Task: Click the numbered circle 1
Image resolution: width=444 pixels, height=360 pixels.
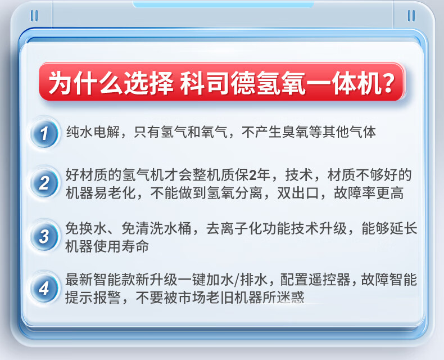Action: pos(44,133)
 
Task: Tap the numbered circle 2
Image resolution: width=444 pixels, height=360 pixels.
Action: pos(44,183)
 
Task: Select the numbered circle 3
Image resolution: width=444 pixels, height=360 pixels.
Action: pos(44,236)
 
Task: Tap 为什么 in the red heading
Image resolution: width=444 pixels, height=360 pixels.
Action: pos(85,83)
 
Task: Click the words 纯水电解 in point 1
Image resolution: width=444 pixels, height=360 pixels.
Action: pos(93,132)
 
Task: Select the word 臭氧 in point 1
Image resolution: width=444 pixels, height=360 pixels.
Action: pos(295,132)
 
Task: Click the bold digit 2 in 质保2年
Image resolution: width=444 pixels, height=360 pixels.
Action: pos(252,175)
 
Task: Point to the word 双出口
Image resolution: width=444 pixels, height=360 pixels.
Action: pos(298,193)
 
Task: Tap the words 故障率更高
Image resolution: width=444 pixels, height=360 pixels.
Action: pos(369,193)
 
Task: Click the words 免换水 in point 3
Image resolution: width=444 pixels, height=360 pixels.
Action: pos(86,228)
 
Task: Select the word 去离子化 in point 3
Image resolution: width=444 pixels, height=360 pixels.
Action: pos(234,228)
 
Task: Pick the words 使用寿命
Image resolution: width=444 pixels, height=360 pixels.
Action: pos(121,246)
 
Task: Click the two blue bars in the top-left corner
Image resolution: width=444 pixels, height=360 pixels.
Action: pos(34,16)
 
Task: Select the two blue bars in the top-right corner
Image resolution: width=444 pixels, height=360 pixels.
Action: pos(411,16)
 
